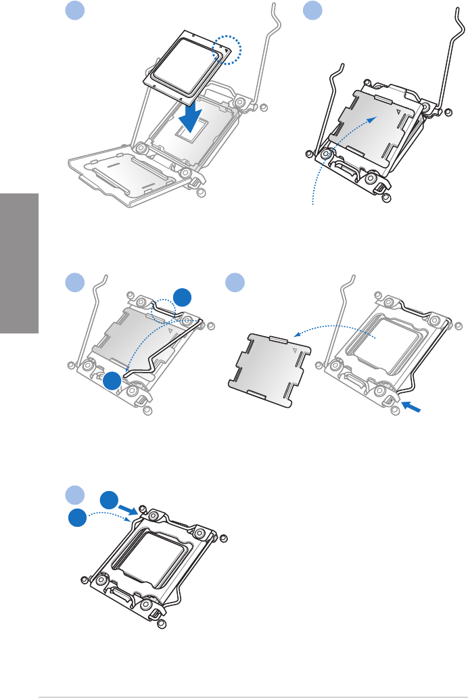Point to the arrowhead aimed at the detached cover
click(298, 333)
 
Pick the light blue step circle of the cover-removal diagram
click(233, 282)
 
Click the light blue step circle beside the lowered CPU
click(74, 11)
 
